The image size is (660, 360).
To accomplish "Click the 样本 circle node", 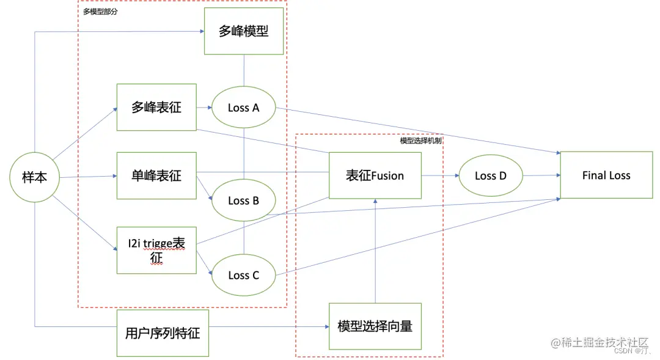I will pyautogui.click(x=35, y=177).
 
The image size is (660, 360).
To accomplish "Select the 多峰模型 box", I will pyautogui.click(x=244, y=31).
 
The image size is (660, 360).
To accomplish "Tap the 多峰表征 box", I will pyautogui.click(x=156, y=107).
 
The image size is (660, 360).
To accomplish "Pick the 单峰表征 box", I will pyautogui.click(x=156, y=176).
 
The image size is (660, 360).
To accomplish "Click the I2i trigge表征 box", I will pyautogui.click(x=156, y=249).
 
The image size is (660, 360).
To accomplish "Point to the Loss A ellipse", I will pyautogui.click(x=243, y=108).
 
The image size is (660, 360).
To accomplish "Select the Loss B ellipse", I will pyautogui.click(x=243, y=200).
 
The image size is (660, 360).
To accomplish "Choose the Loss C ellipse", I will pyautogui.click(x=243, y=275).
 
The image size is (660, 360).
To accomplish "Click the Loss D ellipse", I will pyautogui.click(x=491, y=175).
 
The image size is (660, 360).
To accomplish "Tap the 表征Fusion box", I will pyautogui.click(x=375, y=175).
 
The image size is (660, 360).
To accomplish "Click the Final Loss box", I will pyautogui.click(x=606, y=175).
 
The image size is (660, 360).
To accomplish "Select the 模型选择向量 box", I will pyautogui.click(x=375, y=326).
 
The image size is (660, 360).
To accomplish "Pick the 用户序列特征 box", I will pyautogui.click(x=162, y=333).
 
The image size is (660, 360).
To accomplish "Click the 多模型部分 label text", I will pyautogui.click(x=100, y=12).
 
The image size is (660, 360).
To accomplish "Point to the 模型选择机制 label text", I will pyautogui.click(x=420, y=141).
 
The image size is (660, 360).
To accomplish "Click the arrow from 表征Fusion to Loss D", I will pyautogui.click(x=440, y=175).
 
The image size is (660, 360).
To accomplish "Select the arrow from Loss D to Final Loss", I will pyautogui.click(x=541, y=175).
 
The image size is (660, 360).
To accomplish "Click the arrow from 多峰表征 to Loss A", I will pyautogui.click(x=204, y=108).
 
